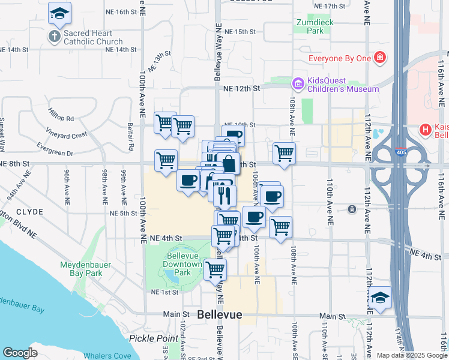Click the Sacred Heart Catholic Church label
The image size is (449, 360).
tap(93, 37)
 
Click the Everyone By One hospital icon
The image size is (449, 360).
tap(380, 58)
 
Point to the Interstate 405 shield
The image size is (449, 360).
tap(400, 152)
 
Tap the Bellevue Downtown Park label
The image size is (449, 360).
tap(183, 264)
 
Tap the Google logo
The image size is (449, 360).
tap(20, 352)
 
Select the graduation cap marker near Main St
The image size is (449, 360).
tap(380, 298)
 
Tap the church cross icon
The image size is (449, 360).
tap(53, 37)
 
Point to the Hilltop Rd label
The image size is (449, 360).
tap(61, 119)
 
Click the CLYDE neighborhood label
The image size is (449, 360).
tap(29, 212)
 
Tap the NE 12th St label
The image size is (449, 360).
tap(240, 88)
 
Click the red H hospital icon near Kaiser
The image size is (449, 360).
tap(426, 129)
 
